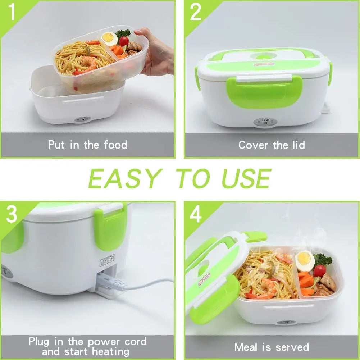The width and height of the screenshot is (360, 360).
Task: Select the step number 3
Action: click(12, 215)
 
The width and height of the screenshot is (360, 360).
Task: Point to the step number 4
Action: click(196, 215)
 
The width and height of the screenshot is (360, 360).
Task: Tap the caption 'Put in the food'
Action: click(87, 145)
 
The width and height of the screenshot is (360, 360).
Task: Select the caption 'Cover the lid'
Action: click(272, 145)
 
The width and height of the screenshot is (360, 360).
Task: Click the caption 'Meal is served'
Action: click(272, 347)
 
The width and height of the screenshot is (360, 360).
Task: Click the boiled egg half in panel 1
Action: click(109, 38)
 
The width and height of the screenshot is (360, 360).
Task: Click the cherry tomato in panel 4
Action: click(319, 270)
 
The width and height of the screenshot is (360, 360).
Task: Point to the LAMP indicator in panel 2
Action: click(265, 122)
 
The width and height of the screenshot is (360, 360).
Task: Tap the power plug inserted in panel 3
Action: click(111, 284)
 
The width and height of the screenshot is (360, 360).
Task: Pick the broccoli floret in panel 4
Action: click(323, 259)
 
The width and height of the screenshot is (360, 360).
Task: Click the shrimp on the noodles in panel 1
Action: click(90, 63)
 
